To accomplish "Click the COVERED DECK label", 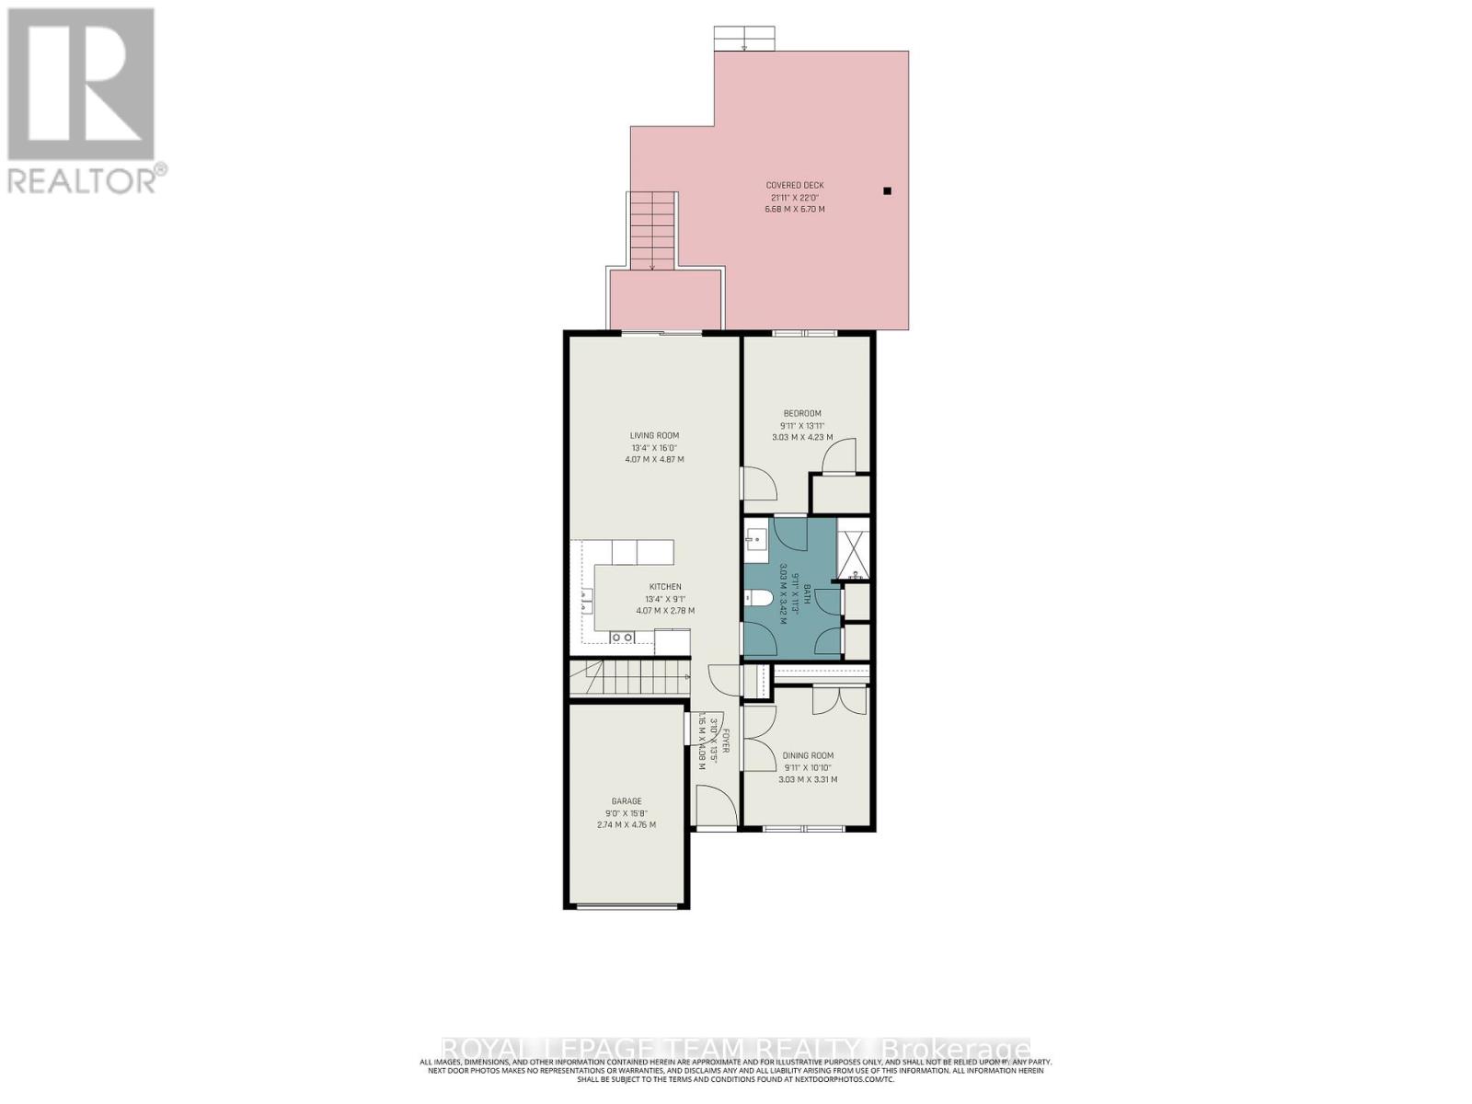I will (796, 185).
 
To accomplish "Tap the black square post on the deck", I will (887, 191).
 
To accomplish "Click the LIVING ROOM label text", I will (654, 436).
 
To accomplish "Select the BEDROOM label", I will (802, 413).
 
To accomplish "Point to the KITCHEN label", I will (665, 587).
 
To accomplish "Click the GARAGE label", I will (627, 801).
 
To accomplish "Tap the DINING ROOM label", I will (808, 756).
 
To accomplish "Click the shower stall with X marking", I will (854, 550).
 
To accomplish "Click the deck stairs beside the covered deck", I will (652, 230).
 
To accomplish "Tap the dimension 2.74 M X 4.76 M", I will (627, 825).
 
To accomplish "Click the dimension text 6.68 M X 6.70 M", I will (795, 209).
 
